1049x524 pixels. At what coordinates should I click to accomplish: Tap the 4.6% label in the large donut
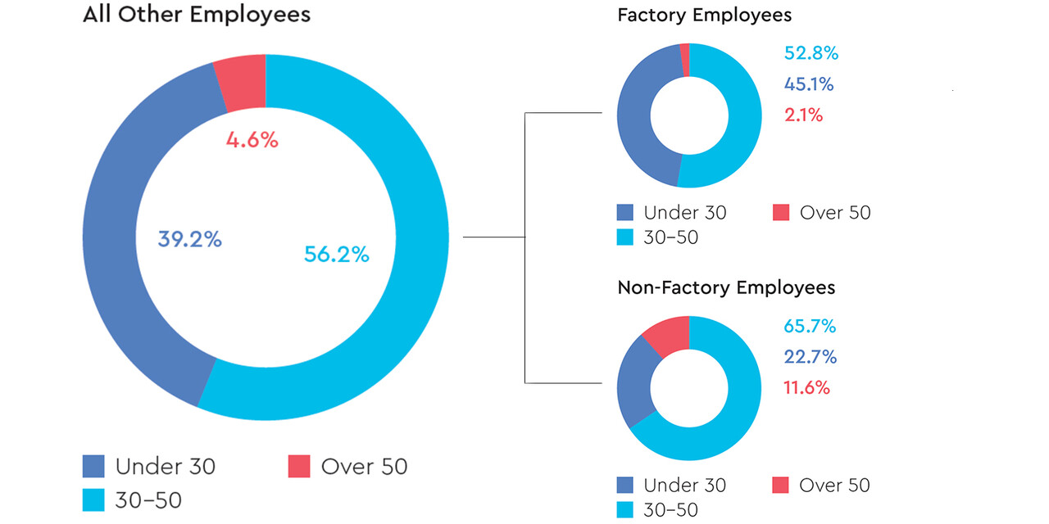coord(252,140)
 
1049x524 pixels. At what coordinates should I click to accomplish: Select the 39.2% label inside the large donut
coord(189,240)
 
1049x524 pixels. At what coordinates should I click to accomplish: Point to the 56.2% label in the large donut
coord(336,255)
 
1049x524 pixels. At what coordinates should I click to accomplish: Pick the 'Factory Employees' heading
coord(704,15)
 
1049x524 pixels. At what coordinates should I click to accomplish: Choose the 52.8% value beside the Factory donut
coord(811,54)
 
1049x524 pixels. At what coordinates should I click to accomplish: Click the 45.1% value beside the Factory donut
coord(809,84)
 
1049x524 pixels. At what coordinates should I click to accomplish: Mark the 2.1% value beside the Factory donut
coord(803,115)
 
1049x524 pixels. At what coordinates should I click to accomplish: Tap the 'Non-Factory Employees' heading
coord(725,288)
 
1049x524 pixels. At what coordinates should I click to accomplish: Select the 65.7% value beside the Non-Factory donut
coord(810,327)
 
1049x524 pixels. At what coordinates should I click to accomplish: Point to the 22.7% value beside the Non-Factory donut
coord(809,357)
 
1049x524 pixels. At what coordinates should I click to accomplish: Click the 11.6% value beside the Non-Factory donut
coord(806,387)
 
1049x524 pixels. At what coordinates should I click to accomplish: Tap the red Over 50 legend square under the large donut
coord(298,467)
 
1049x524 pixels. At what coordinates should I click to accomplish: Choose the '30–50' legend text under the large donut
coord(148,499)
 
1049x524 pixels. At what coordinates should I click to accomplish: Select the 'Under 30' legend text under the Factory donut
coord(684,213)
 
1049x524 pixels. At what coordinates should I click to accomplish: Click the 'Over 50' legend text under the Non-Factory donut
coord(834,486)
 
